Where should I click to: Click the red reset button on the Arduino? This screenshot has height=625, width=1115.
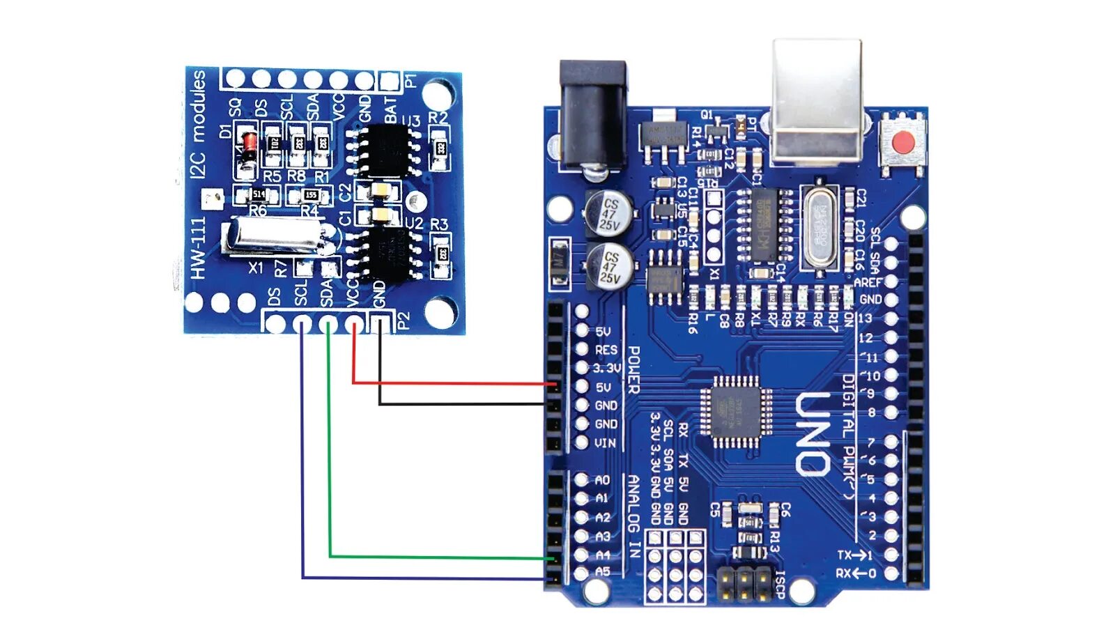click(903, 144)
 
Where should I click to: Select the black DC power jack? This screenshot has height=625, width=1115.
click(592, 111)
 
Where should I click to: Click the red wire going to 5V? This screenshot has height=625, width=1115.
click(453, 383)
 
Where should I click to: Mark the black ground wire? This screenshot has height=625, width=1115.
click(460, 403)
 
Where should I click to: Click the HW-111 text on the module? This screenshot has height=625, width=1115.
click(199, 248)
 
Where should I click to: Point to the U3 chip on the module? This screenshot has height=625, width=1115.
click(384, 149)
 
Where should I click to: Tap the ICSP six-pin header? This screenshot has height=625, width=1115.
click(744, 585)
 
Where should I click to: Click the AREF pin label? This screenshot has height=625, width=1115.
click(868, 282)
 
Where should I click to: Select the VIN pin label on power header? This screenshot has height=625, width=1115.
click(605, 443)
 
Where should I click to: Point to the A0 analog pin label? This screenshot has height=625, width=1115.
click(602, 480)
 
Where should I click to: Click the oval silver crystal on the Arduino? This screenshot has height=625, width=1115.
click(821, 224)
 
